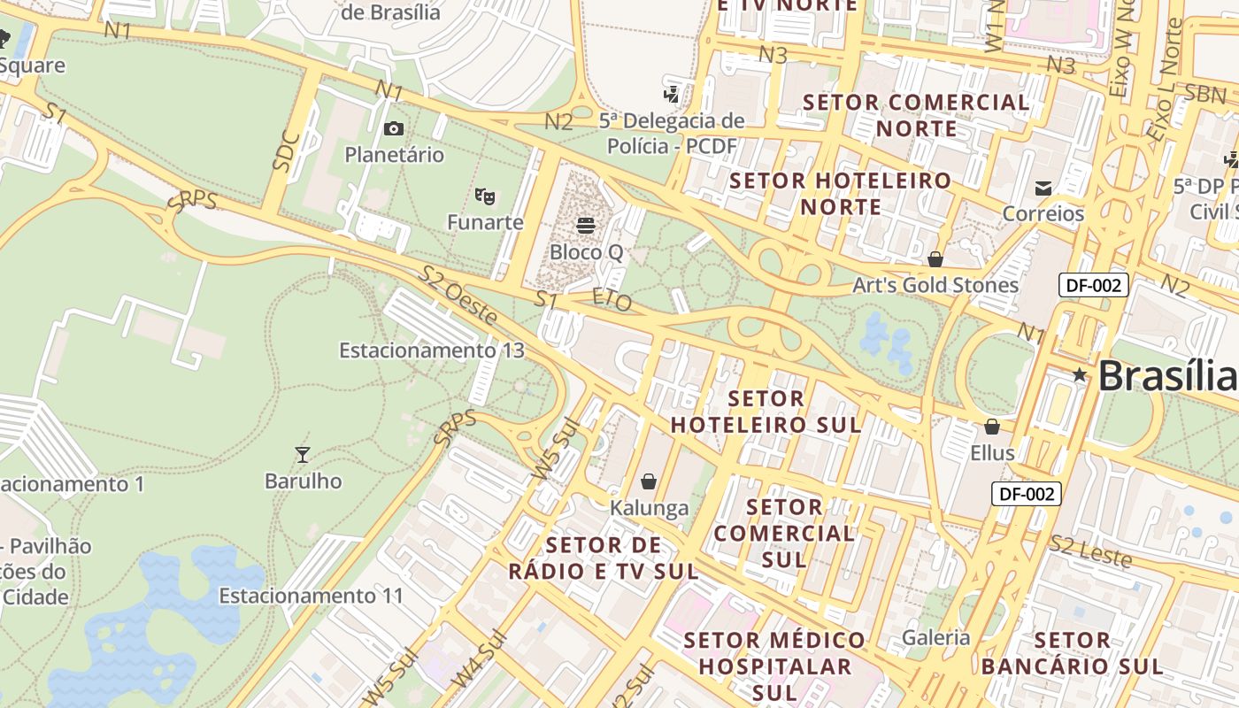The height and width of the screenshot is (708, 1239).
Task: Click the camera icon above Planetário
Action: tap(394, 129)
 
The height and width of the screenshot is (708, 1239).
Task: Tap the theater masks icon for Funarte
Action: tap(483, 196)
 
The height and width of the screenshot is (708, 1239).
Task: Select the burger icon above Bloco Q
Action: tap(586, 226)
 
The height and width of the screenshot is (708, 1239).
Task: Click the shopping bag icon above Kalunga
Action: tap(649, 481)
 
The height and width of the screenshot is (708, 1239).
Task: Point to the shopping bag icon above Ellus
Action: tap(992, 427)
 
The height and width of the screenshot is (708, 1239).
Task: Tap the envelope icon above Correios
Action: tap(1043, 188)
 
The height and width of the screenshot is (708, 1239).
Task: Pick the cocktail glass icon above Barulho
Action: tap(303, 455)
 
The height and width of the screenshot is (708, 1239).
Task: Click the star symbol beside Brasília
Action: tap(1079, 375)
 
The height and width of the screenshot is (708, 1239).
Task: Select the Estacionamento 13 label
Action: tap(432, 350)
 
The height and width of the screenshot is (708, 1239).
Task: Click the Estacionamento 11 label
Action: tap(312, 596)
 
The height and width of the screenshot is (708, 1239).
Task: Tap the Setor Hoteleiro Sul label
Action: tap(766, 412)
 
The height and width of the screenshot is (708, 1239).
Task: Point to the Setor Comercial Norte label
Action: tap(916, 115)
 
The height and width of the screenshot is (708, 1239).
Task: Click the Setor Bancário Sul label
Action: tap(1072, 653)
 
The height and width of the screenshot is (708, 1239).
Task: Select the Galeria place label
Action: tap(936, 637)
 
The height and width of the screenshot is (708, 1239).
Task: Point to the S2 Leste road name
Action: tap(1090, 551)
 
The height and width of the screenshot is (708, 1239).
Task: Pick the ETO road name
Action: tap(612, 300)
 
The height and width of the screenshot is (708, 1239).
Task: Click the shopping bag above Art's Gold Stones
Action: tap(935, 259)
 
